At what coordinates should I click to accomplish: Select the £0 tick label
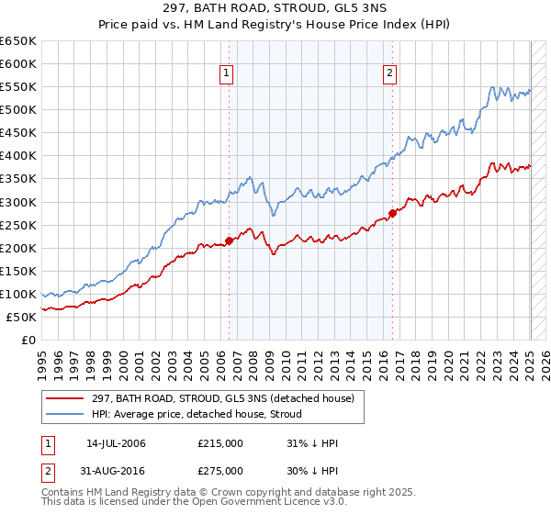29,340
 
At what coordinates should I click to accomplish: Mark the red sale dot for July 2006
229,241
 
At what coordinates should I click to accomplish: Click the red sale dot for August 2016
392,214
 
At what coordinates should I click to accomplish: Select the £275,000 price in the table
219,473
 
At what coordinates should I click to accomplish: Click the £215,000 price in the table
219,443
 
